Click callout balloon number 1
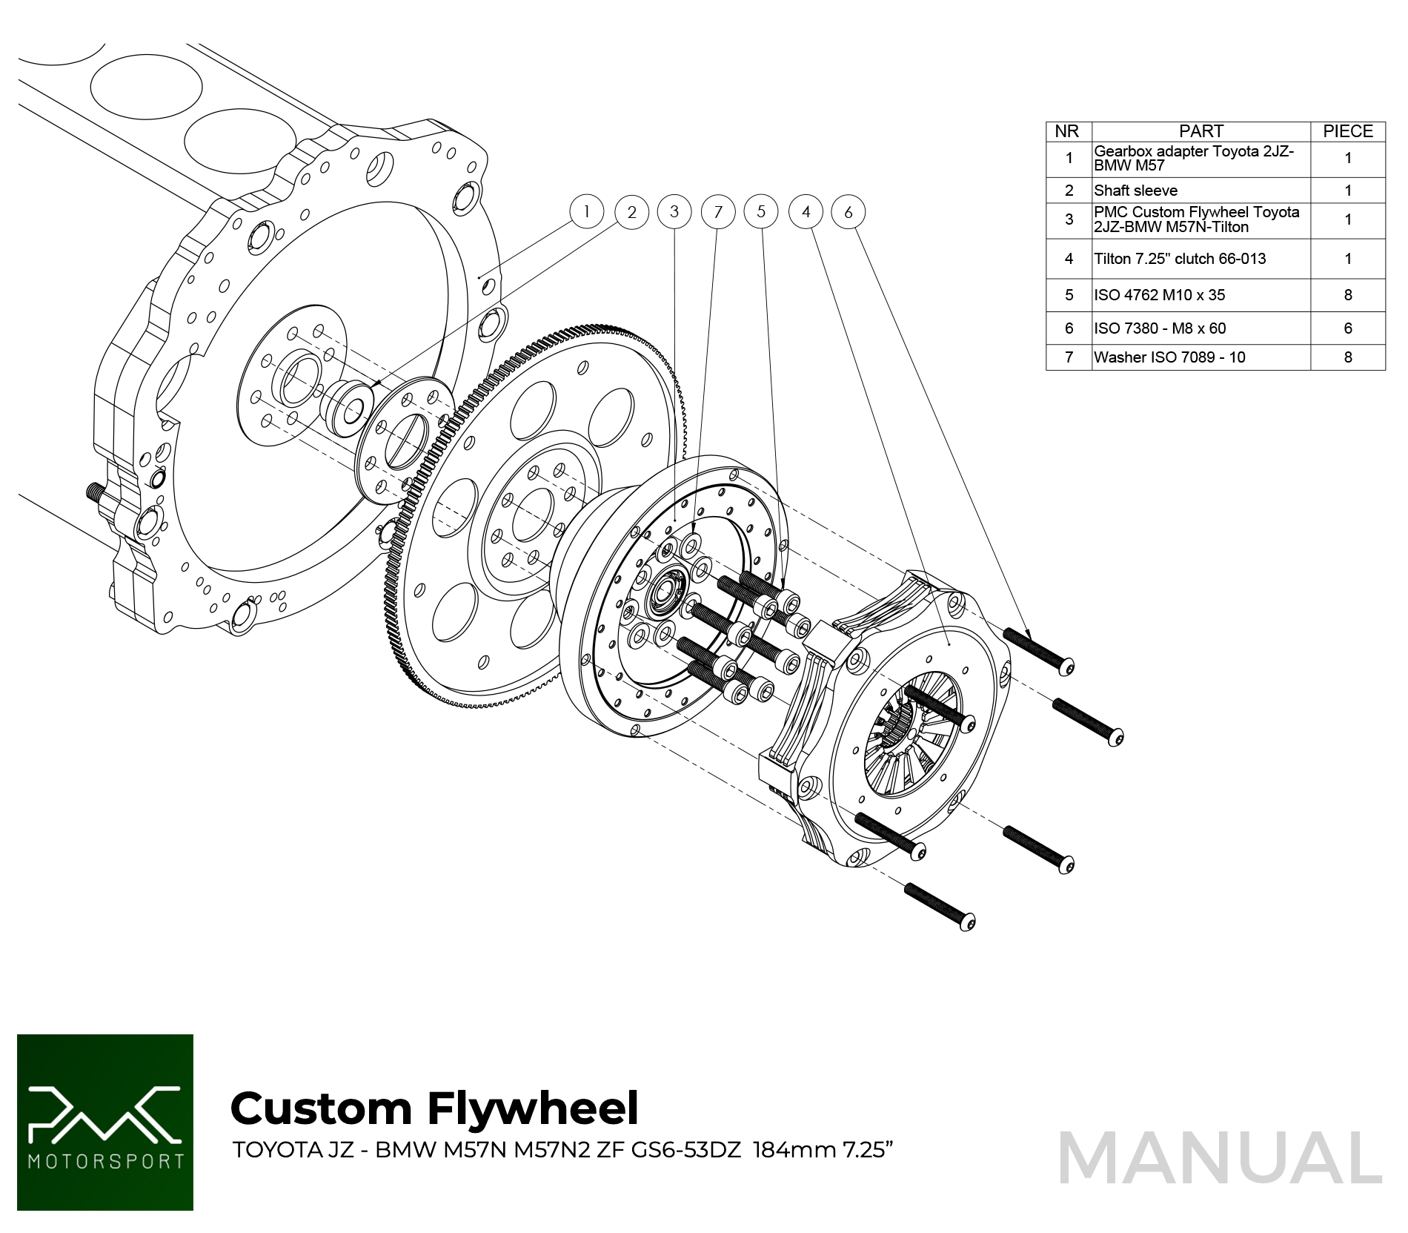point(586,211)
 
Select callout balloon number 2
point(631,212)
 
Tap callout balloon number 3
point(674,211)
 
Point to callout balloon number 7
point(717,212)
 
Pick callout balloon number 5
point(761,211)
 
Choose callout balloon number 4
point(806,212)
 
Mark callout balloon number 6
point(849,212)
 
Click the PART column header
point(1201,131)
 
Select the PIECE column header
point(1347,131)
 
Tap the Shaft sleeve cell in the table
point(1135,191)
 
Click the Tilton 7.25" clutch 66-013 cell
point(1180,259)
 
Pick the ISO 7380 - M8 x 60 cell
point(1160,328)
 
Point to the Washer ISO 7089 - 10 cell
point(1169,357)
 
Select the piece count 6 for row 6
point(1347,328)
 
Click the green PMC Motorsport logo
point(105,1122)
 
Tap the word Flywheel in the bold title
point(533,1108)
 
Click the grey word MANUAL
point(1220,1158)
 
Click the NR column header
point(1067,131)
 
